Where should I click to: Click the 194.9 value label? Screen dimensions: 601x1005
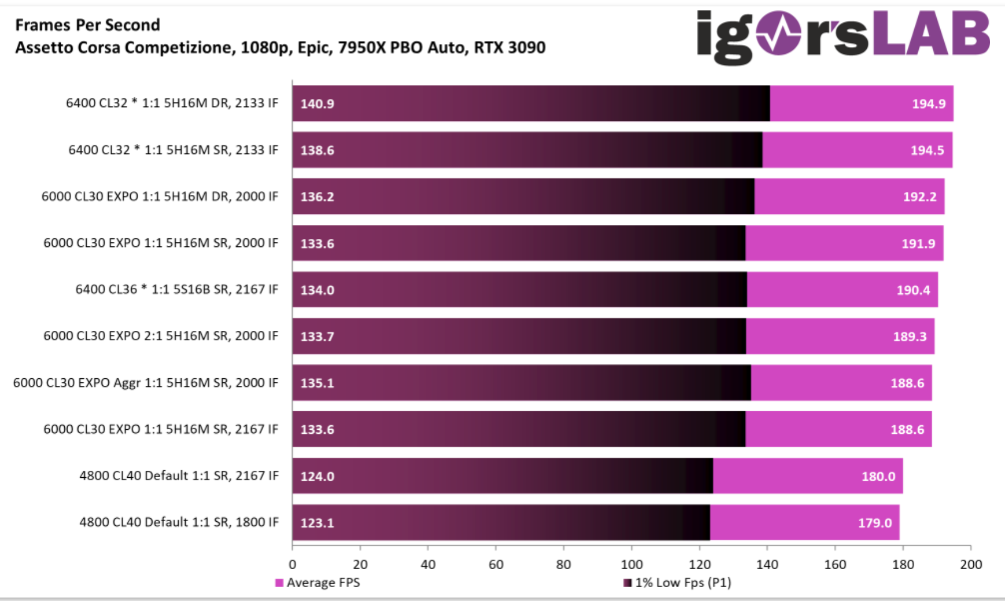pyautogui.click(x=929, y=104)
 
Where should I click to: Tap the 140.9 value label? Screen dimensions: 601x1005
pyautogui.click(x=317, y=104)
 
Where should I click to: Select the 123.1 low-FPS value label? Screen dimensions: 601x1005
pyautogui.click(x=317, y=522)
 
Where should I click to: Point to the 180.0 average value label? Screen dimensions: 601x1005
pyautogui.click(x=878, y=476)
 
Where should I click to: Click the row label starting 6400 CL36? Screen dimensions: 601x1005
pyautogui.click(x=176, y=289)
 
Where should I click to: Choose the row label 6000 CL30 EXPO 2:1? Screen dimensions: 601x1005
pyautogui.click(x=161, y=335)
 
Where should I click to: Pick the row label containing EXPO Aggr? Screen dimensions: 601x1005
pyautogui.click(x=145, y=382)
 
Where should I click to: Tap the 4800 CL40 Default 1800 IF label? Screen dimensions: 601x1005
pyautogui.click(x=179, y=522)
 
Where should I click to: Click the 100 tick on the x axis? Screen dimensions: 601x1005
pyautogui.click(x=631, y=565)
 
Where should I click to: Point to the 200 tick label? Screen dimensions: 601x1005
pyautogui.click(x=971, y=565)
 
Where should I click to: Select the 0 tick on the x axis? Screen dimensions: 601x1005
pyautogui.click(x=292, y=565)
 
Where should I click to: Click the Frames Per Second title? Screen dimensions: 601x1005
pyautogui.click(x=87, y=25)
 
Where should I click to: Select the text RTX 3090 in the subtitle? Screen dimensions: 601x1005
pyautogui.click(x=509, y=47)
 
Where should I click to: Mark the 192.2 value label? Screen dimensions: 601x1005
pyautogui.click(x=919, y=197)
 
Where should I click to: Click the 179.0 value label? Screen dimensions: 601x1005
pyautogui.click(x=874, y=522)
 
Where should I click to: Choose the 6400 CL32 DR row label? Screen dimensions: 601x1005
pyautogui.click(x=172, y=103)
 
